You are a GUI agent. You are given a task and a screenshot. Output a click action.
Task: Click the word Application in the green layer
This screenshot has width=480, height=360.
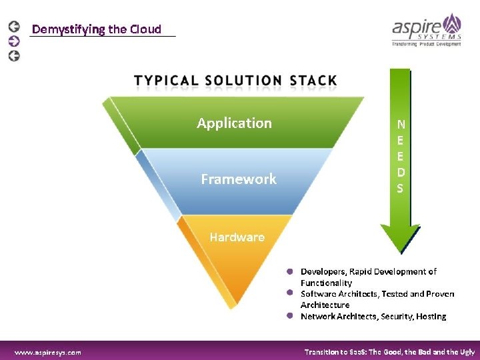tap(234, 123)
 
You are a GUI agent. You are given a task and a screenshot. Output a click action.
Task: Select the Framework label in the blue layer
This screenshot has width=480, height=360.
tap(238, 179)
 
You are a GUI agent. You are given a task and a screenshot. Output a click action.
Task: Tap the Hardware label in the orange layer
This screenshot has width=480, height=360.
tap(237, 237)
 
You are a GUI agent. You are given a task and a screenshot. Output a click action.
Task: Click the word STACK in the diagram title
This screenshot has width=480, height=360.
tap(313, 81)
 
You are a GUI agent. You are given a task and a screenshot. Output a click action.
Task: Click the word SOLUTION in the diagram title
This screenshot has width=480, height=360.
tap(243, 81)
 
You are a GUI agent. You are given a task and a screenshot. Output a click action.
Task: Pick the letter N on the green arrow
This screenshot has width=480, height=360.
tap(400, 124)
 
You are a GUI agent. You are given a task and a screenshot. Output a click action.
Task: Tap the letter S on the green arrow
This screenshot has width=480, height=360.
tap(400, 189)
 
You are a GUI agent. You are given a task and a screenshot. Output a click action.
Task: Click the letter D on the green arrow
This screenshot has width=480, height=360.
tap(400, 172)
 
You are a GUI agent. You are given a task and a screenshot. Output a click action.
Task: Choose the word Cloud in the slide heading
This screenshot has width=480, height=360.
tap(145, 29)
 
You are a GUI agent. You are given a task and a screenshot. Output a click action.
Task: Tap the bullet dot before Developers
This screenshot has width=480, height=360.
tap(291, 272)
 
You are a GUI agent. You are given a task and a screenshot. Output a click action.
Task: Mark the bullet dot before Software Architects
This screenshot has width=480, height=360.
tap(291, 293)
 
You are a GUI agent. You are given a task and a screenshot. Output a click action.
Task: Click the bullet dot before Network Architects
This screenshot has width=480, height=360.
tap(291, 316)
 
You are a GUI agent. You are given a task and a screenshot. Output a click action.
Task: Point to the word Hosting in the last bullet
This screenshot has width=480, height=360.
tap(431, 316)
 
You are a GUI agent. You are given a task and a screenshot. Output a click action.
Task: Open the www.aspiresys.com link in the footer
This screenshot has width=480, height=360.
tap(48, 352)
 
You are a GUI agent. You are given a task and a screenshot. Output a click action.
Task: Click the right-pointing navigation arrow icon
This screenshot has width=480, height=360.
tap(14, 41)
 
